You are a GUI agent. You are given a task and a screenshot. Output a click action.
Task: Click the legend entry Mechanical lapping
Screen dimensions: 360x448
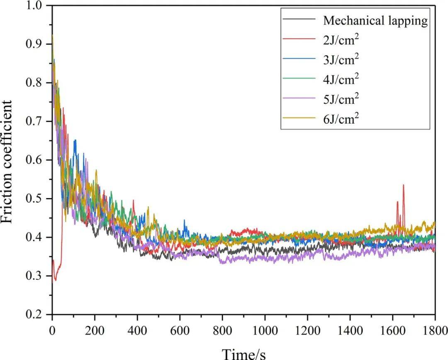click(x=375, y=20)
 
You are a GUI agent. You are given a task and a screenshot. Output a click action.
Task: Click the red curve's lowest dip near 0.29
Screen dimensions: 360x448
click(x=55, y=280)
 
